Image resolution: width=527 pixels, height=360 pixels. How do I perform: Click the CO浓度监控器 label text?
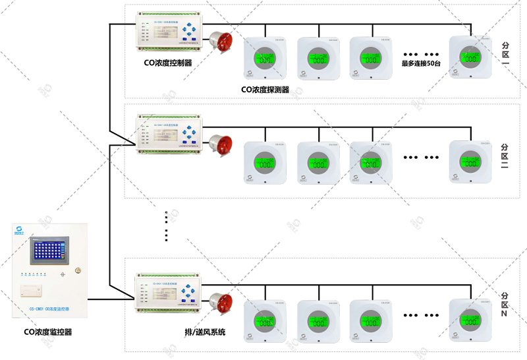click(48, 332)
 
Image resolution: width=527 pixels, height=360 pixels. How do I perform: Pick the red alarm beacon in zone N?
click(221, 303)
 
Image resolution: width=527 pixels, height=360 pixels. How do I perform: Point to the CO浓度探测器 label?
click(265, 89)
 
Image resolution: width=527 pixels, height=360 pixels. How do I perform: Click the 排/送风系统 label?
click(205, 332)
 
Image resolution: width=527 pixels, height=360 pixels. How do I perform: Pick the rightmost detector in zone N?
click(470, 321)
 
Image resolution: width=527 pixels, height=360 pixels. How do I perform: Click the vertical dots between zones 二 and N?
click(167, 226)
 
